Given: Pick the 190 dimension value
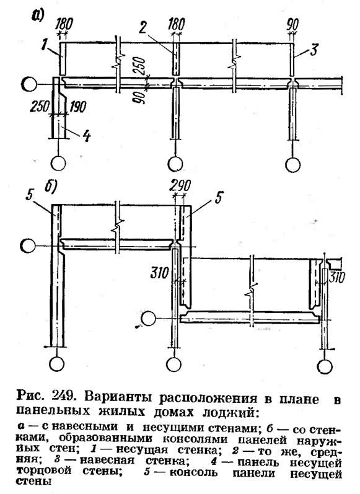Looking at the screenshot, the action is [x=77, y=107].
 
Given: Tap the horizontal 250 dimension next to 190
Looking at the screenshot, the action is [x=40, y=107].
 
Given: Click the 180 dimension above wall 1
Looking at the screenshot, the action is [x=64, y=24].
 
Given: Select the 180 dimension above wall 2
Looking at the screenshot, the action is [x=176, y=24].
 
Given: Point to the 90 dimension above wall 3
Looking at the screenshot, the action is [x=293, y=24].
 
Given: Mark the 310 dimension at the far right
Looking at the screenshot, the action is [x=337, y=277].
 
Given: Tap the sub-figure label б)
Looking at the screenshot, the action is [x=50, y=187].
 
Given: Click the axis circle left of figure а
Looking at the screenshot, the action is [x=30, y=85].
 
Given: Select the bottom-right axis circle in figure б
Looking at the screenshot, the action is [x=326, y=367].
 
